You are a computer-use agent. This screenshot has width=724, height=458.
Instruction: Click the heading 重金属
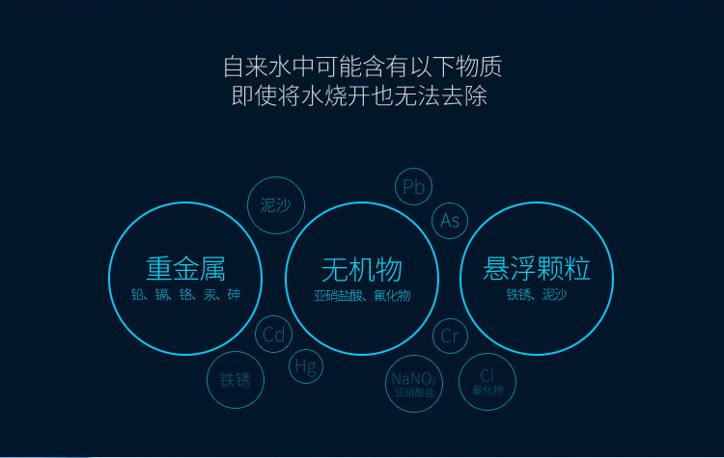185,269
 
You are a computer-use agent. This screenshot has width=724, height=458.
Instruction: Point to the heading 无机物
362,270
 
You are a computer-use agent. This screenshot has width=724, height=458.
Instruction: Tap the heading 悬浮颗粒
537,268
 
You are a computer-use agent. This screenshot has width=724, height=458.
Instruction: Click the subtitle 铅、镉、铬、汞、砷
185,294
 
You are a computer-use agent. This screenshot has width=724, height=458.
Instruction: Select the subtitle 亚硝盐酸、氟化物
362,295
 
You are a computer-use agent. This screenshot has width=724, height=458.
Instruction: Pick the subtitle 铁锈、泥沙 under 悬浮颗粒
537,294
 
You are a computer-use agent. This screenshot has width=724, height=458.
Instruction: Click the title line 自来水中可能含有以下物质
362,67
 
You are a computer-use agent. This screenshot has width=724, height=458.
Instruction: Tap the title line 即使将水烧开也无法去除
360,95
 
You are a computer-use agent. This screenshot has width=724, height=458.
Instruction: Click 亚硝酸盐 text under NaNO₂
415,392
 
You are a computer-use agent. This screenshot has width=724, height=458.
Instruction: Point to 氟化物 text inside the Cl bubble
487,391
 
